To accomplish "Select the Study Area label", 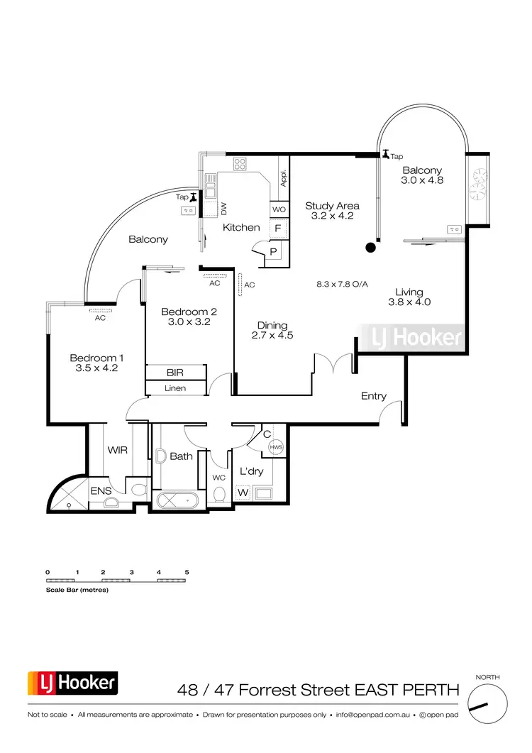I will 332,206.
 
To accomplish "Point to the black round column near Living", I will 370,247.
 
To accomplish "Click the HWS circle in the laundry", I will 277,447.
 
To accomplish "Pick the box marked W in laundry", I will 243,492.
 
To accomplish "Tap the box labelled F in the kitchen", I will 279,229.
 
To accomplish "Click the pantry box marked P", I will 274,252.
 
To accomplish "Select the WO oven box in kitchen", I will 279,210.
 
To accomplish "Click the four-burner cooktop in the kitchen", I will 239,164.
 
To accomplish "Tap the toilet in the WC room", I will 219,494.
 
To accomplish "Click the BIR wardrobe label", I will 175,373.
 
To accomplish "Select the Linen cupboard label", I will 175,388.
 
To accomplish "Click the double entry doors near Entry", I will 335,363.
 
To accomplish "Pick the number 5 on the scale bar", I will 187,571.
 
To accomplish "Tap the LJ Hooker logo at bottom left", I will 72,683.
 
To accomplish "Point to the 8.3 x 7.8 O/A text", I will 342,284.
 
